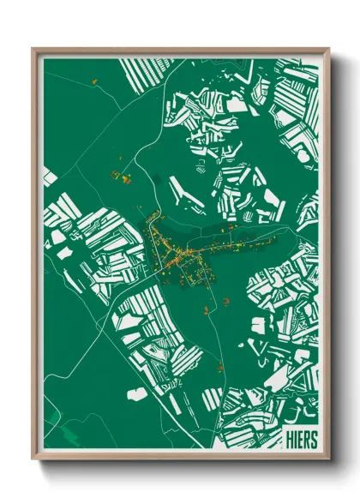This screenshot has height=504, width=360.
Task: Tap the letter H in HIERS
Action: click(x=289, y=438)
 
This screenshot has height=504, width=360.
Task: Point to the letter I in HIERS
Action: click(x=295, y=438)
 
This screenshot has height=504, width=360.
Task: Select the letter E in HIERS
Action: click(x=300, y=438)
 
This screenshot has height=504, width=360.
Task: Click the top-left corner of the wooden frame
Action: click(x=33, y=49)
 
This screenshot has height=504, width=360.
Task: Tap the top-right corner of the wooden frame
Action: click(x=328, y=49)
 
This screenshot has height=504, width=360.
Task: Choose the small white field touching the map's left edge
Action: click(x=50, y=177)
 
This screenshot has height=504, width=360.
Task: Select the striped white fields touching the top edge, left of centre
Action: click(x=141, y=73)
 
